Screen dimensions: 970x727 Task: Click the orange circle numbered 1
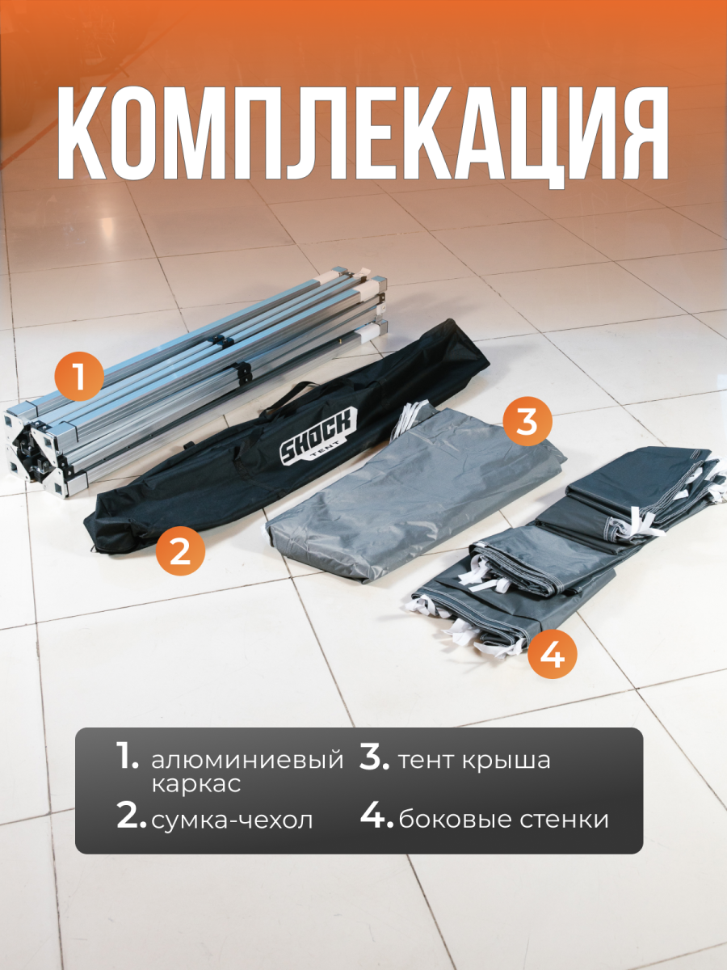click(79, 377)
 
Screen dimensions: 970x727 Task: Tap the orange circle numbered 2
click(180, 550)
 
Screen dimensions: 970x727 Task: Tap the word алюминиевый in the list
click(247, 761)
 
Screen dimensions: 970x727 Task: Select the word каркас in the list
click(196, 784)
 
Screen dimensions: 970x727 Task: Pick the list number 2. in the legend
click(132, 816)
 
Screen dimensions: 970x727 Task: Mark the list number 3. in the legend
click(376, 757)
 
